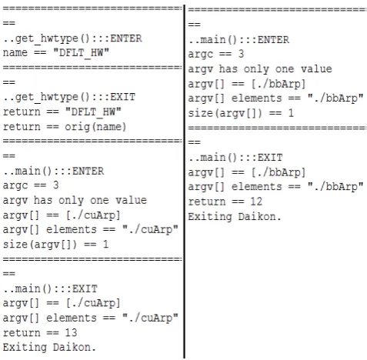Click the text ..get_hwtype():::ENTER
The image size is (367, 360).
coord(72,38)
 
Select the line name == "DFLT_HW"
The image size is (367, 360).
coord(56,53)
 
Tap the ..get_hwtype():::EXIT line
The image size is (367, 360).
coord(69,98)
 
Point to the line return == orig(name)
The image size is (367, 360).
coord(65,127)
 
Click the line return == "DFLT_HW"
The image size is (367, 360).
coord(62,112)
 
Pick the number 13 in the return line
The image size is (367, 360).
coord(71,333)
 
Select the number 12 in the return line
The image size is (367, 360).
coord(256,202)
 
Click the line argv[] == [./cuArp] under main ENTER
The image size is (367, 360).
coord(62,215)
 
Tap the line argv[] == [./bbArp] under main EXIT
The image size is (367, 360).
coord(247,172)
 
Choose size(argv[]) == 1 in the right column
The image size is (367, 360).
coord(241,113)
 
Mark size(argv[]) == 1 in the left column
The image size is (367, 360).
coord(55,245)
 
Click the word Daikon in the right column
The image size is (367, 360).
coord(259,217)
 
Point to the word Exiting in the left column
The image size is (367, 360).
coord(25,348)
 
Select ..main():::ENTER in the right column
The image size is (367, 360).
coord(239,40)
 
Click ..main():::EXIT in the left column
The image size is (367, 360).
coord(50,289)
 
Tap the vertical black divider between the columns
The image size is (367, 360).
coord(184,182)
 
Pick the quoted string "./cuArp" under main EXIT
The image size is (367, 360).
coord(150,318)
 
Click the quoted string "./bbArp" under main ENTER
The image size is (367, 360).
coord(335,98)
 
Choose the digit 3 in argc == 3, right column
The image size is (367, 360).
coord(241,54)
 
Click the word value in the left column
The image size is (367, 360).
coord(131,200)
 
